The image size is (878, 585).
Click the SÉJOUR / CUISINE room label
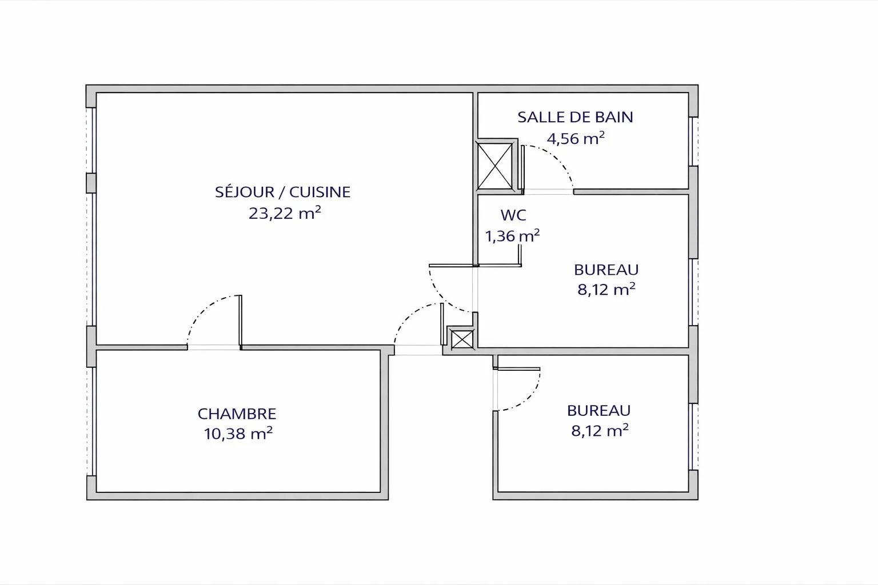(282, 191)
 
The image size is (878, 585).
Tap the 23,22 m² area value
(285, 213)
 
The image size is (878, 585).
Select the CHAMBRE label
(237, 414)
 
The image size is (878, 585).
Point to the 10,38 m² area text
(238, 434)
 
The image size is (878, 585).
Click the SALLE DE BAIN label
(575, 117)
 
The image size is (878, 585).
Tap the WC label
(513, 215)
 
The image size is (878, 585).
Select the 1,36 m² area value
(512, 236)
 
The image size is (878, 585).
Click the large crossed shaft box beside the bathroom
(494, 166)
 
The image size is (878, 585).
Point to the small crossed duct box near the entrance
(462, 339)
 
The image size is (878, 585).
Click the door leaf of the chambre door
(240, 321)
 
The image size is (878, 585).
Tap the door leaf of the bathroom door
(523, 168)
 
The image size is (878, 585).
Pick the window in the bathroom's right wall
(693, 142)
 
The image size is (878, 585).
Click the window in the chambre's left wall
(91, 421)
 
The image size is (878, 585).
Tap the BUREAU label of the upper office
(606, 270)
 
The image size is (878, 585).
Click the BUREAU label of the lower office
(598, 410)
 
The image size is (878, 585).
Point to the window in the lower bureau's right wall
(693, 436)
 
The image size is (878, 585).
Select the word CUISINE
(320, 191)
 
